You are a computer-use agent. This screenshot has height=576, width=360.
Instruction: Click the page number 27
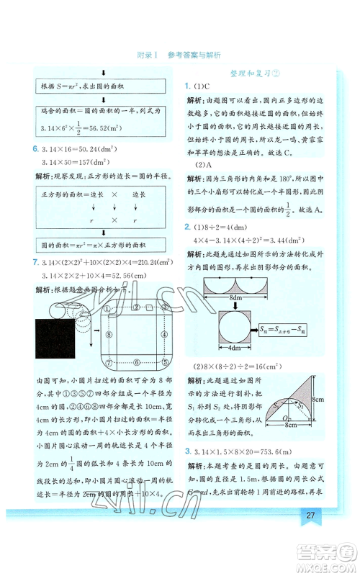click(x=311, y=515)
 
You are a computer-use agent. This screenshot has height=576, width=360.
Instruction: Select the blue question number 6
click(x=35, y=148)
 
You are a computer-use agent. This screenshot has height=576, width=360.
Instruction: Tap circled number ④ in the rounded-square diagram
click(x=168, y=334)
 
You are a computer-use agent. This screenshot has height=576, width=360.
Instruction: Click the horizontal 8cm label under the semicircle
click(x=291, y=426)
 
